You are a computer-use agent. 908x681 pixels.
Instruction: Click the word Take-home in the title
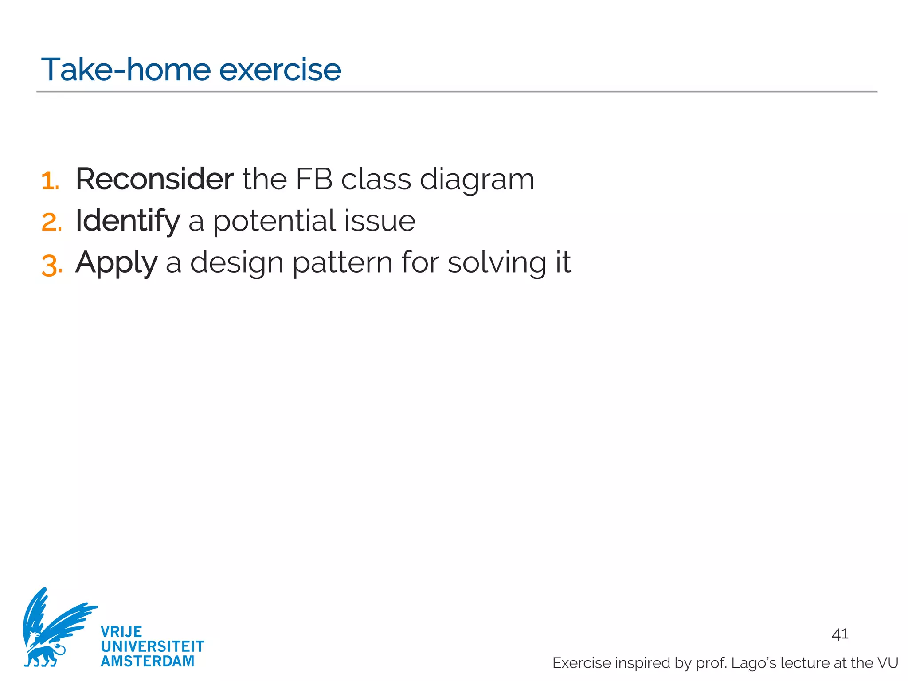tap(125, 70)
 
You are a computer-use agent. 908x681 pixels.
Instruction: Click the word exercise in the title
tap(280, 70)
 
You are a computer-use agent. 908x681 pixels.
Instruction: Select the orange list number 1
tap(50, 181)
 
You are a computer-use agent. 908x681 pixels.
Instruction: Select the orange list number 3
tap(51, 265)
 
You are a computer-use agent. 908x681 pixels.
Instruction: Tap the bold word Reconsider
tap(154, 179)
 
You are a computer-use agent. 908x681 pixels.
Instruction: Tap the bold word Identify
tap(128, 221)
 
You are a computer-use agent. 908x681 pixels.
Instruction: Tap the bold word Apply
tap(116, 263)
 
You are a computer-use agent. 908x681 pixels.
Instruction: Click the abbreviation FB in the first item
tap(314, 179)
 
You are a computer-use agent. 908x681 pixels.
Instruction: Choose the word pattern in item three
tap(342, 262)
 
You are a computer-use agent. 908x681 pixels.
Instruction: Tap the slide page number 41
tap(840, 634)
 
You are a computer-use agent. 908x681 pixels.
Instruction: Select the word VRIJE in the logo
tap(121, 632)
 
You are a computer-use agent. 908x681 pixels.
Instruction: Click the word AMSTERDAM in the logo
tap(147, 661)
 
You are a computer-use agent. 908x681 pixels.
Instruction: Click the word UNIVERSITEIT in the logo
tap(152, 646)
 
